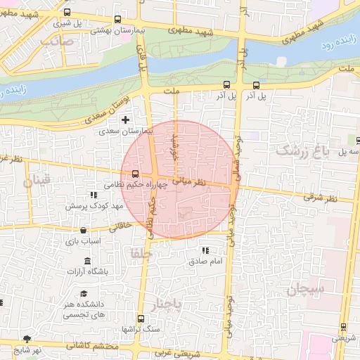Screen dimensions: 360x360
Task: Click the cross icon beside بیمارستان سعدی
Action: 126,120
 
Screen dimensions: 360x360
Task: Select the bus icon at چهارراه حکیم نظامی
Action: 135,174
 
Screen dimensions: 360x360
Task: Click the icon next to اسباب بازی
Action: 84,230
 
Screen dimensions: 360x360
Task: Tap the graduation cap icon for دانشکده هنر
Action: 84,295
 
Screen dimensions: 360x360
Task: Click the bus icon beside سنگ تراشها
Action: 141,318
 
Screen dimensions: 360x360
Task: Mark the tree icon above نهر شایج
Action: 28,338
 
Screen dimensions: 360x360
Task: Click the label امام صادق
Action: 205,262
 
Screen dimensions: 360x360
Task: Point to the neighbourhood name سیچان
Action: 304,289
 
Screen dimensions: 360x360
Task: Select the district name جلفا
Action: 141,252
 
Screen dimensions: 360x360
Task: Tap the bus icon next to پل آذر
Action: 256,86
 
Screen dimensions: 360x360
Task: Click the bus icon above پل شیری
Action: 67,13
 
